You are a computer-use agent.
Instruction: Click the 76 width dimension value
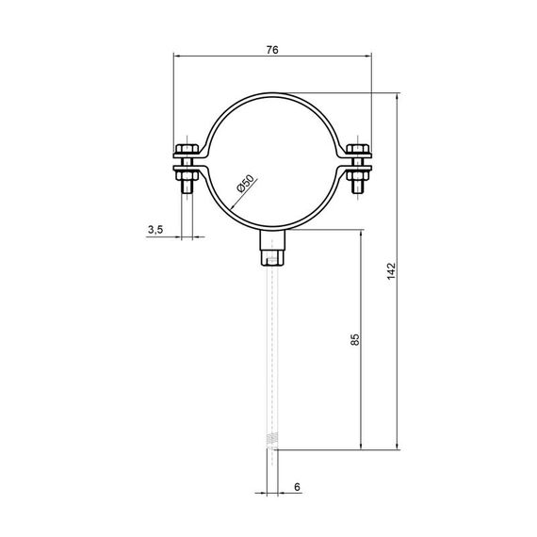272,50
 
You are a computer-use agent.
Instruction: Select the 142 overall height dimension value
391,271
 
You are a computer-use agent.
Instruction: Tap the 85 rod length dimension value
355,339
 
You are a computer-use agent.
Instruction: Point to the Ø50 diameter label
246,184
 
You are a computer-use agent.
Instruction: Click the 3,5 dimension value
155,230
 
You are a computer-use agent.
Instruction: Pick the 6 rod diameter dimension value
297,487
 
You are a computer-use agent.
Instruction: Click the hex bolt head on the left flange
187,149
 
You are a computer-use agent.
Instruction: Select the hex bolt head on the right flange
358,149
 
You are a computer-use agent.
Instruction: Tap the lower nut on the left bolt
187,175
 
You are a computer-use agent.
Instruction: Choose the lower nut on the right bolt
358,175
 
